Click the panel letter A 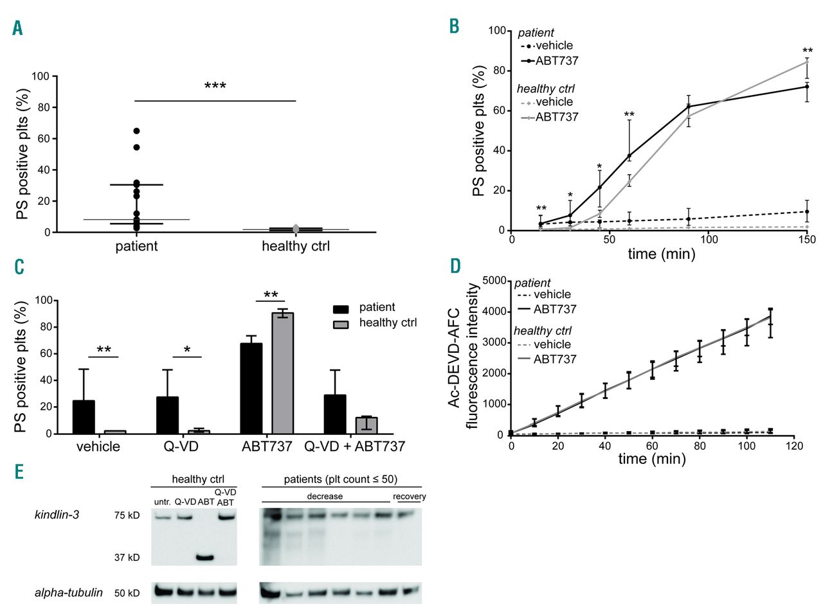(18, 29)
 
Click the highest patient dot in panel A (136, 131)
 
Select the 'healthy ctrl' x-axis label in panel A (295, 247)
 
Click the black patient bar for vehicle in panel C (84, 417)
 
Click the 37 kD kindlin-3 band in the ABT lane (204, 557)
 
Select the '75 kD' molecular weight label (125, 515)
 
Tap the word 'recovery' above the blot (409, 497)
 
